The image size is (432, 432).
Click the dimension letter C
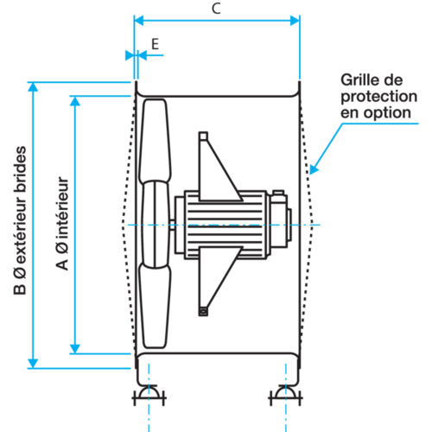point(216,9)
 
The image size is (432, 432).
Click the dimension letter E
point(156,44)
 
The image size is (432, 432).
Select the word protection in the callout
point(379,97)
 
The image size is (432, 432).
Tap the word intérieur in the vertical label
point(62,207)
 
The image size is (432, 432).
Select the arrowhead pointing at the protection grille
point(314,169)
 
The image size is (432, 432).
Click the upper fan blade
point(156,141)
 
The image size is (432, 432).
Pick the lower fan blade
point(155,306)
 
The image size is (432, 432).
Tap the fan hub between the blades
point(156,225)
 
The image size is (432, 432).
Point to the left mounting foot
point(149,395)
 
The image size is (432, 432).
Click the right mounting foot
point(285,395)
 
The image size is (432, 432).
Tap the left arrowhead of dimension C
point(139,21)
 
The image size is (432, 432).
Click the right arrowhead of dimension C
point(295,21)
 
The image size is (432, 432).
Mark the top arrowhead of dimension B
point(33,87)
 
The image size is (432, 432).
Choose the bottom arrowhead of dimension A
point(75,349)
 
